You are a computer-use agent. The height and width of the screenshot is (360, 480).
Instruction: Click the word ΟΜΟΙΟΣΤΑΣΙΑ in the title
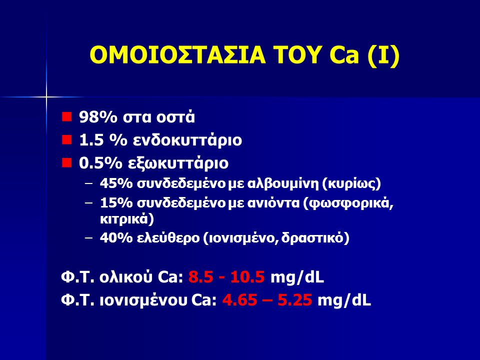[x=177, y=55]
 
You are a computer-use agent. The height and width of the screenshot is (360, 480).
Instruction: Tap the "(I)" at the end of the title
[x=383, y=55]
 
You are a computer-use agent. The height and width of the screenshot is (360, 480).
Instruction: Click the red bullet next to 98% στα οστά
[x=66, y=116]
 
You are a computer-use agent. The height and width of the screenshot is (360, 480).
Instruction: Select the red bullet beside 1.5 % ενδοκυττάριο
[x=66, y=139]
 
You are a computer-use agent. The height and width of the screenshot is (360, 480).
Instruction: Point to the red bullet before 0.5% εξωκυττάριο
[x=66, y=162]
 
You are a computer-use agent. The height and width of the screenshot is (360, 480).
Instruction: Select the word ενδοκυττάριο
[x=187, y=140]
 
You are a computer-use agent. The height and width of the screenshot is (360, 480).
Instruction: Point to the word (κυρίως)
[x=351, y=184]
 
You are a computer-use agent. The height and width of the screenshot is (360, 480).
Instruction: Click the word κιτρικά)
[x=126, y=219]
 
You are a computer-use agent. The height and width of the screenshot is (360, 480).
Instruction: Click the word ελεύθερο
[x=168, y=238]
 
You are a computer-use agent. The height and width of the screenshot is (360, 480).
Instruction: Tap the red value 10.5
[x=247, y=277]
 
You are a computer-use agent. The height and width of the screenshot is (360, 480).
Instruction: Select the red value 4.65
[x=239, y=300]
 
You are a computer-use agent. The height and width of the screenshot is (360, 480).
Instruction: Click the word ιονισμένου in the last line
[x=143, y=300]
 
